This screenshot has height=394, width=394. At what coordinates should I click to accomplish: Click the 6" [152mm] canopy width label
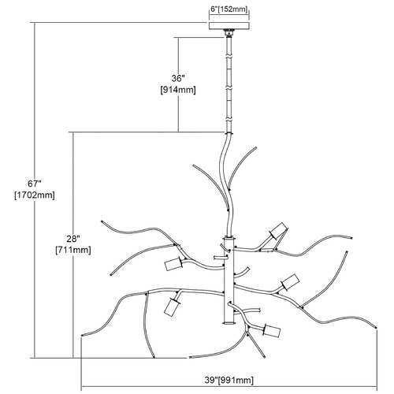click(229, 9)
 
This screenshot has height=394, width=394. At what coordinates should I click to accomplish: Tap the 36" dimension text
click(178, 78)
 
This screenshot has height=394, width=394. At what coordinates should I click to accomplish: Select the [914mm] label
click(178, 90)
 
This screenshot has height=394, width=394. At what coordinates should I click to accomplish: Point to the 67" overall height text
click(35, 184)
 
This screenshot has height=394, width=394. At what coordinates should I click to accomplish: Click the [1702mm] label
click(35, 195)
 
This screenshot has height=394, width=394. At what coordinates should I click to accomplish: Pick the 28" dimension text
click(73, 239)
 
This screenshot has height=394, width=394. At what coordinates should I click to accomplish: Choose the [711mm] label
click(73, 250)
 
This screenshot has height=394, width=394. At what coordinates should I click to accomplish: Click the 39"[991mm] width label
click(229, 381)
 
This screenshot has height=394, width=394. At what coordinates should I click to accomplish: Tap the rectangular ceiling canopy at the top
click(229, 26)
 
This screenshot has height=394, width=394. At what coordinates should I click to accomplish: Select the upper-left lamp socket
click(174, 264)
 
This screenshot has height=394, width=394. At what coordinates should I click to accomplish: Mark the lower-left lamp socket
click(172, 306)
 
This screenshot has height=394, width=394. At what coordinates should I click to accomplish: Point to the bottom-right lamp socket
click(272, 331)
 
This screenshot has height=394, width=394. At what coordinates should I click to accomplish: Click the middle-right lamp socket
click(290, 282)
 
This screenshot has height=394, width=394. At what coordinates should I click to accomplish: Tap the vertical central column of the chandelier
click(229, 281)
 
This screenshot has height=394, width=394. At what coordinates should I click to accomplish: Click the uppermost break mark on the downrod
click(229, 57)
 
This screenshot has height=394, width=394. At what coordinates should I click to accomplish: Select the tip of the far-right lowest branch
click(376, 327)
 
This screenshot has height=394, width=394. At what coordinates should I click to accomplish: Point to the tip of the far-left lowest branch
click(83, 335)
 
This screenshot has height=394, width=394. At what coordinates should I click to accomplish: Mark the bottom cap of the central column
click(229, 323)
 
